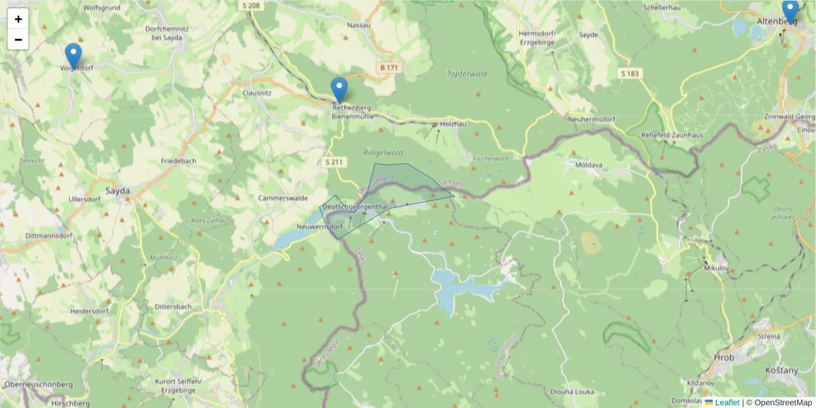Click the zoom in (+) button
[x=18, y=19]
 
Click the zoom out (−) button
[x=18, y=39]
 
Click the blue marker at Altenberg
[x=789, y=12]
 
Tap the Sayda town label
[x=118, y=192]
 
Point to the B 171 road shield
[x=389, y=68]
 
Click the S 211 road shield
[x=335, y=162]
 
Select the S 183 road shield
[x=630, y=73]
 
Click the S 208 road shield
[x=250, y=5]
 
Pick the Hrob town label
[x=724, y=357]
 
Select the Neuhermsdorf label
[x=592, y=119]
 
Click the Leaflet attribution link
[x=727, y=403]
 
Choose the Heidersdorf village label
[x=89, y=311]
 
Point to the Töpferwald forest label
[x=467, y=73]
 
